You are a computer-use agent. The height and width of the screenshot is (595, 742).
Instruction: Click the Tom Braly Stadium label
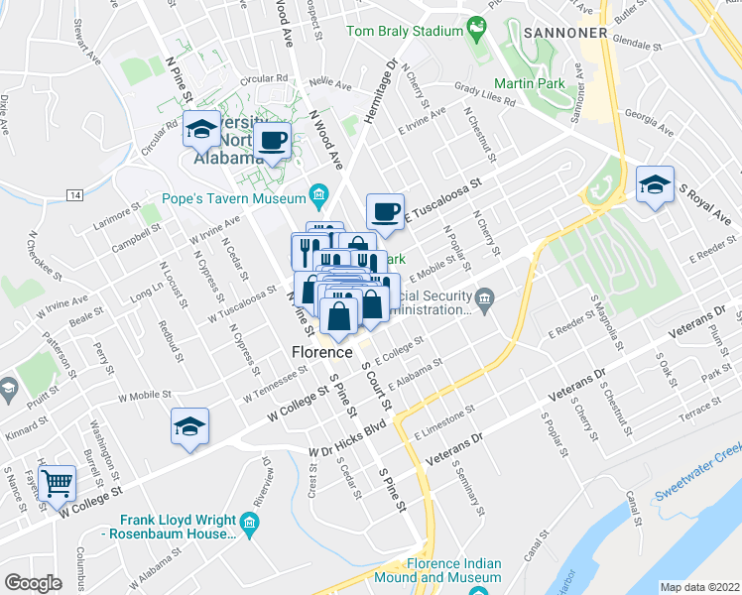[x=404, y=31]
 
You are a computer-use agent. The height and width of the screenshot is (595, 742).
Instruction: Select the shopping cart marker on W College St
[x=59, y=483]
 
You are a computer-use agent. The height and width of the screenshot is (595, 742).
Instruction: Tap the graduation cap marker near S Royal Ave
[x=654, y=184]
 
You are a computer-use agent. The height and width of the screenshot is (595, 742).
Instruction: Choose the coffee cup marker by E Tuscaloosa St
[x=385, y=210]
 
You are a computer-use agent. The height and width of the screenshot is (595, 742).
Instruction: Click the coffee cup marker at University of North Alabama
[x=271, y=140]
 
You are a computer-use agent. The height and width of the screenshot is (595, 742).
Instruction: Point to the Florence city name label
[x=321, y=352]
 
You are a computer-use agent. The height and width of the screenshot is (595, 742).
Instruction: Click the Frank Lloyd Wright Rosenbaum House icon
[x=249, y=522]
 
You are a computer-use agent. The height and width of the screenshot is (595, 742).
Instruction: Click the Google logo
[x=33, y=583]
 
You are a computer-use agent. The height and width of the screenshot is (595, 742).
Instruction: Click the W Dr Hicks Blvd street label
[x=346, y=440]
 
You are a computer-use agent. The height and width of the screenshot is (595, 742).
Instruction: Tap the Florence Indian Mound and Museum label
[x=447, y=570]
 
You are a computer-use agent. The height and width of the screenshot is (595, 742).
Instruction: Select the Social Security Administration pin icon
[x=484, y=297]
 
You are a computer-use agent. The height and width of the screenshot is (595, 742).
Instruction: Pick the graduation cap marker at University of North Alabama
[x=201, y=129]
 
